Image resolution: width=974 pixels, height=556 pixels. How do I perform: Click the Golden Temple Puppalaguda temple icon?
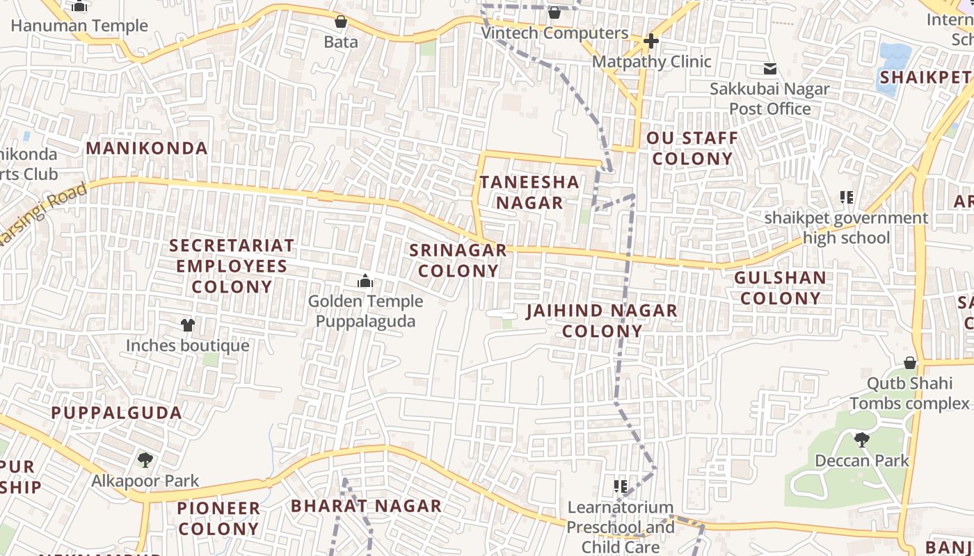tap(365, 281)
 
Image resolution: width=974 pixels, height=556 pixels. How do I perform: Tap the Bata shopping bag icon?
tap(341, 22)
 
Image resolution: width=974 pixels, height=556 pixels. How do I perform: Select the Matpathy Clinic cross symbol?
tap(650, 42)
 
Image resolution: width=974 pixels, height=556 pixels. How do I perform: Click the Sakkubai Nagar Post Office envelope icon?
tap(770, 69)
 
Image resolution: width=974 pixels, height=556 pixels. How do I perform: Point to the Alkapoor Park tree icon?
tap(145, 459)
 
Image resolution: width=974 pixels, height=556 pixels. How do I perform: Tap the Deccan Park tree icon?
tap(862, 439)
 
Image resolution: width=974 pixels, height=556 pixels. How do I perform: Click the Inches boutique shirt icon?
tap(187, 325)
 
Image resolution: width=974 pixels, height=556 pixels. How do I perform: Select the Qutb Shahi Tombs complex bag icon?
tap(910, 363)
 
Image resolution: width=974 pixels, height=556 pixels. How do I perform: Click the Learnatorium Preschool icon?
tap(621, 486)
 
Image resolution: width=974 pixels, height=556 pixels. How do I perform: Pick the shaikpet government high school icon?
tap(846, 197)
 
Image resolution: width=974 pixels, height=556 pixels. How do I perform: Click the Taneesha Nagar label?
tap(529, 193)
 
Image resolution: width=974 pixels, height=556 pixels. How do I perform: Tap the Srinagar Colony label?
tap(458, 261)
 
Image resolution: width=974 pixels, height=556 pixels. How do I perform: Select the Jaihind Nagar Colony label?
tap(602, 320)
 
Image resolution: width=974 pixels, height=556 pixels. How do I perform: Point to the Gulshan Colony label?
tap(781, 288)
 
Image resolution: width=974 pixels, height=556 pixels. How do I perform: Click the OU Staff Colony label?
tap(692, 148)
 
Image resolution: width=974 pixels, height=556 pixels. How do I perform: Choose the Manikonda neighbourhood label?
tap(147, 148)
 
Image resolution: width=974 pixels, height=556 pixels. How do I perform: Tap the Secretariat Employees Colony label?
tap(232, 266)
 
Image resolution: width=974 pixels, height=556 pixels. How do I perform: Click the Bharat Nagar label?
tap(366, 506)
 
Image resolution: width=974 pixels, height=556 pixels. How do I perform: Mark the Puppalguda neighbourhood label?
tap(116, 412)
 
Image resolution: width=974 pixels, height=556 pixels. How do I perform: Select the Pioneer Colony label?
tap(218, 518)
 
